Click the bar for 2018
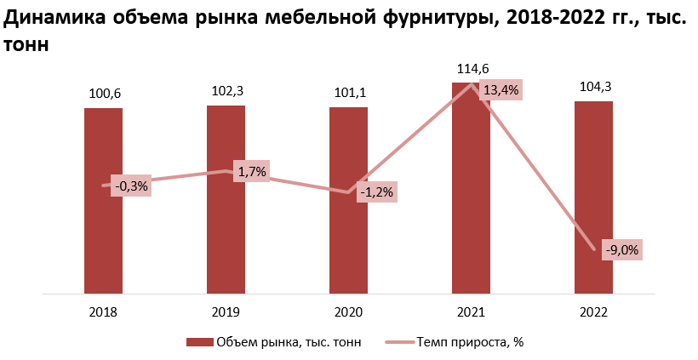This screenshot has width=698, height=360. coord(103,238)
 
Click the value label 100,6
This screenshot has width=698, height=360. coord(104,94)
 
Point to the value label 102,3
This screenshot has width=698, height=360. coord(226,91)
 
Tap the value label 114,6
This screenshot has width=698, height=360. coord(472,69)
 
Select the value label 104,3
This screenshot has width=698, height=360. coord(594,87)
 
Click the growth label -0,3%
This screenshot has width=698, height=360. coord(131,186)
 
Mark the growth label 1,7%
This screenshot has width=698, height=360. coord(252,172)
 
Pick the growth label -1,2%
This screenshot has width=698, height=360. coord(376,192)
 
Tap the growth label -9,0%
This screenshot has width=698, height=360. coord(621,250)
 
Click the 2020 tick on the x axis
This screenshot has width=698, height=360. coord(348,312)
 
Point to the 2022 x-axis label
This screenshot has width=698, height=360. coord(593,312)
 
